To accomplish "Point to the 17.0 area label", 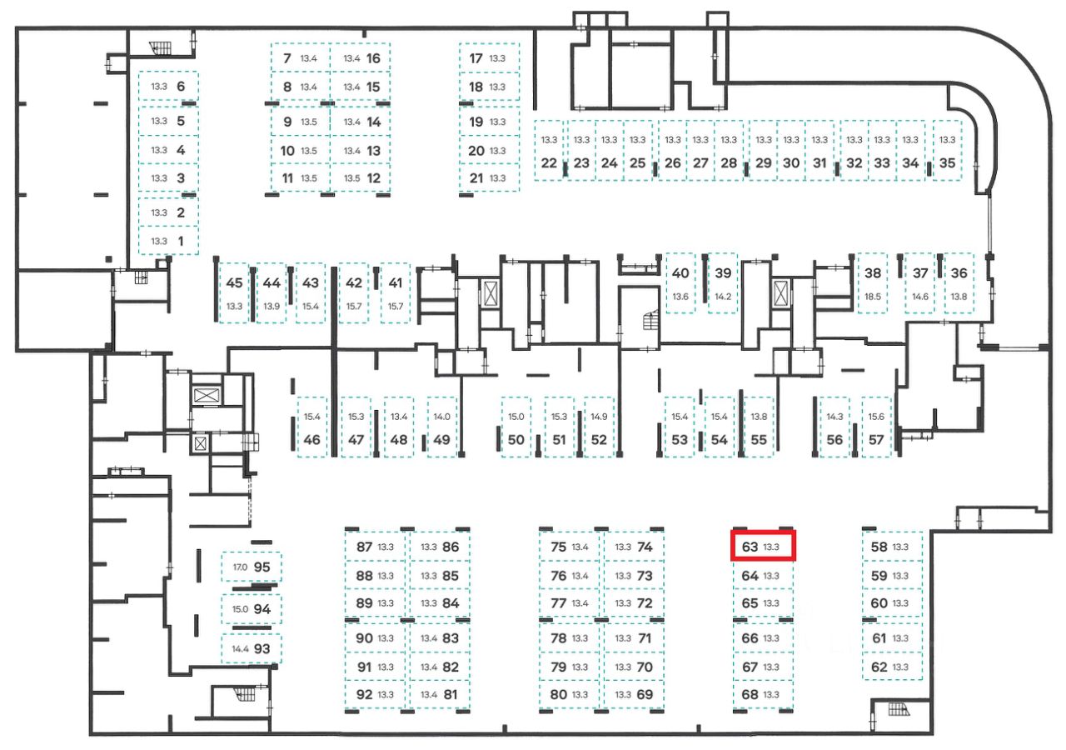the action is pos(240,567).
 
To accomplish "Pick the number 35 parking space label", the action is pos(947,163).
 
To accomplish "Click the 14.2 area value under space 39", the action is pos(723,297).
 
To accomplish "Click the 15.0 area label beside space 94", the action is pos(240,609).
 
